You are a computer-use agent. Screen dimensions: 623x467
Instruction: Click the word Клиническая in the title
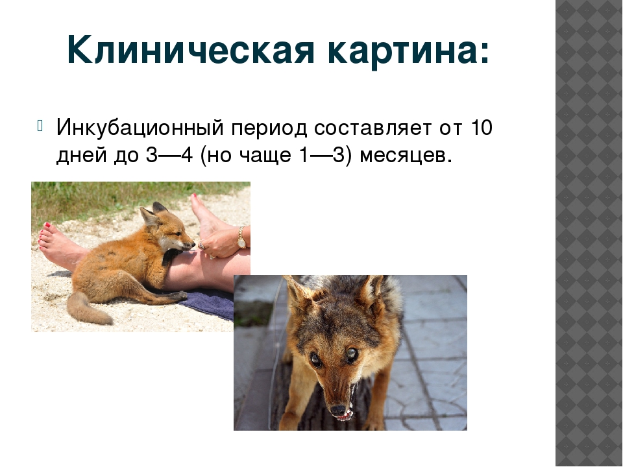point(191,50)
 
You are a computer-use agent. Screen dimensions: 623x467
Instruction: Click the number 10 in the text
point(482,128)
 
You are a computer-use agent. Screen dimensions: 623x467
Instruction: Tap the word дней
point(82,155)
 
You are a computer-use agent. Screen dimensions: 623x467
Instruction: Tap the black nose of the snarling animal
point(337,409)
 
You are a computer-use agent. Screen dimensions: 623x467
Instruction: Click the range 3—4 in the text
point(169,155)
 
